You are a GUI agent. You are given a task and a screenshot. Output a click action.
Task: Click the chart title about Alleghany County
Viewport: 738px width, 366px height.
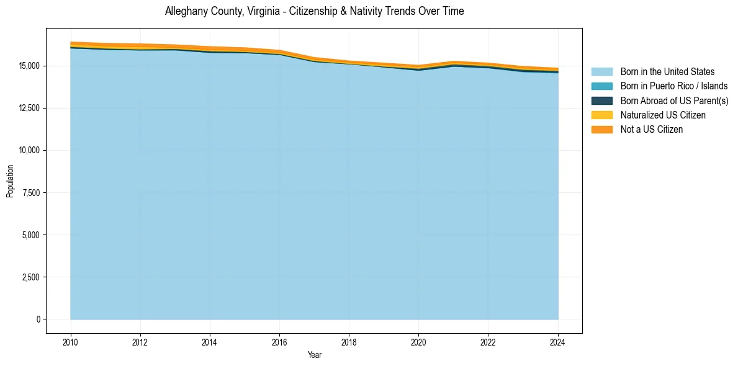[314, 11]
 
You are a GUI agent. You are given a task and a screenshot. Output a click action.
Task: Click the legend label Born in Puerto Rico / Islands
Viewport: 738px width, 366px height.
[674, 86]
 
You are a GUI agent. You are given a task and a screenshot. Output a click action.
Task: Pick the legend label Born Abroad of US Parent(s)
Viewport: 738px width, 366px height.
[674, 100]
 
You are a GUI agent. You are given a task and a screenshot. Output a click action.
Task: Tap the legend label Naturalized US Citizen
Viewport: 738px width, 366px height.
[663, 115]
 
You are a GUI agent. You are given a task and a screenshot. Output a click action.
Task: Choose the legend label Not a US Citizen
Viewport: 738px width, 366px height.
[651, 130]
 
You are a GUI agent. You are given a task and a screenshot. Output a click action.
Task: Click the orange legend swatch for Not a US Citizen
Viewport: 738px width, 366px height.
[601, 130]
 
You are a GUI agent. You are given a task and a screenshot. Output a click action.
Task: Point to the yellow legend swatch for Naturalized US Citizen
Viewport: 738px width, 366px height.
[601, 115]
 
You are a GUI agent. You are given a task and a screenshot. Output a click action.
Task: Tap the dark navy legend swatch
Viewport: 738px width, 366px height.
[601, 100]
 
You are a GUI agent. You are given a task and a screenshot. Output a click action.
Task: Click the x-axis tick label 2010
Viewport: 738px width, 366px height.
[71, 341]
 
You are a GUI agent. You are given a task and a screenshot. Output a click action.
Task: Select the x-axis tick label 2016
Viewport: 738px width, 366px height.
[279, 341]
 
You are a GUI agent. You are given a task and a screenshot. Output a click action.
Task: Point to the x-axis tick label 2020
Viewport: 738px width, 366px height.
[418, 341]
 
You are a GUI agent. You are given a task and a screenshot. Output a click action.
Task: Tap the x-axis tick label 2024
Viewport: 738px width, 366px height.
[557, 341]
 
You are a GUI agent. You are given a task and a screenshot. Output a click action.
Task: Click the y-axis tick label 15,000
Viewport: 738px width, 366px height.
[30, 66]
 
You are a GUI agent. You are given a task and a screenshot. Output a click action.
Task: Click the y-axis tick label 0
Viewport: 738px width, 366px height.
[38, 319]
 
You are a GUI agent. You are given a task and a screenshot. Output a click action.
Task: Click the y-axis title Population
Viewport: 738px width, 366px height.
[10, 181]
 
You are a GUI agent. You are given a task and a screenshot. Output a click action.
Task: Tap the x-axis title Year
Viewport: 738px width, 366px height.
[314, 355]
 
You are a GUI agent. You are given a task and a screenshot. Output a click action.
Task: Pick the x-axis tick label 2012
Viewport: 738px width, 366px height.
[140, 341]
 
